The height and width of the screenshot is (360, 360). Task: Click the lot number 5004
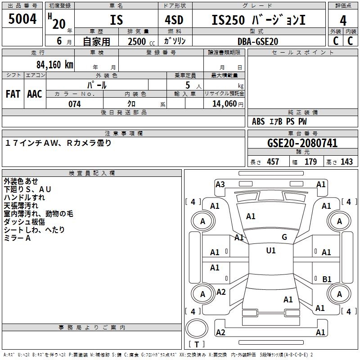click(22, 19)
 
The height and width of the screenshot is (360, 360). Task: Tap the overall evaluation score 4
click(343, 20)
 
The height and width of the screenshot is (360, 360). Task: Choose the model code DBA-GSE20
click(258, 41)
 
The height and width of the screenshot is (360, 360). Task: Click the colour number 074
click(75, 104)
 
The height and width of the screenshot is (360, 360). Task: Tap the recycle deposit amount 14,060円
click(224, 104)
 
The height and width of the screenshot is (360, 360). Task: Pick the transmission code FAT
click(13, 94)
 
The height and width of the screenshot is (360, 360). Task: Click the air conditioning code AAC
click(35, 94)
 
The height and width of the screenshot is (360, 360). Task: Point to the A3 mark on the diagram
click(220, 184)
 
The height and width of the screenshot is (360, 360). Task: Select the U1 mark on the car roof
click(270, 251)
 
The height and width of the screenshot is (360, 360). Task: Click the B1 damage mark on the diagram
click(327, 279)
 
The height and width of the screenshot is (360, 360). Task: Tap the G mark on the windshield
click(284, 237)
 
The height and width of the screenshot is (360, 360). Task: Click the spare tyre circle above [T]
click(196, 329)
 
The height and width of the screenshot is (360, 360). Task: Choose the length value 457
click(273, 162)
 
